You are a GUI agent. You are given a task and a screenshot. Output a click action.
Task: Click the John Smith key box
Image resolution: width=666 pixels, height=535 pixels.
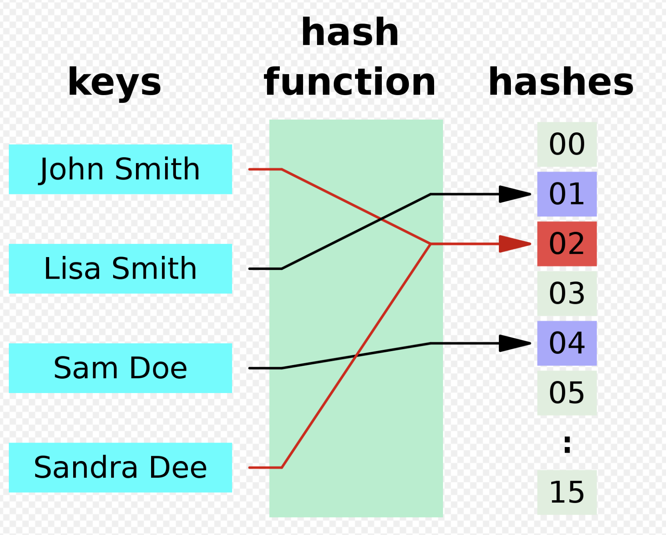tap(120, 169)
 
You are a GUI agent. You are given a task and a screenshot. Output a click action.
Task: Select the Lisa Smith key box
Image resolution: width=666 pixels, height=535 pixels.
tap(120, 269)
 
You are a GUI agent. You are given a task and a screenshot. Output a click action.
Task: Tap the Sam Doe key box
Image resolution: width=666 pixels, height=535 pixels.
tap(120, 368)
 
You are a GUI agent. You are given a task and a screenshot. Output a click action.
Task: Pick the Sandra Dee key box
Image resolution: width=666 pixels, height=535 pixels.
tap(120, 467)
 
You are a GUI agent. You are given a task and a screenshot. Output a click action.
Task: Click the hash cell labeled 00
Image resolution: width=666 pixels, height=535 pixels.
tap(567, 144)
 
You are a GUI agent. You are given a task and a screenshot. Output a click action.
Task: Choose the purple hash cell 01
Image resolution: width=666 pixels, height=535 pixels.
tap(567, 194)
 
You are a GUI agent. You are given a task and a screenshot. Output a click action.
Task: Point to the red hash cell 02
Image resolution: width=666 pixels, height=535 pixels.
tap(567, 244)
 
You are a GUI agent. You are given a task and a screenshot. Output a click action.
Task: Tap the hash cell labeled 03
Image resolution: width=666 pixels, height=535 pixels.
tap(567, 293)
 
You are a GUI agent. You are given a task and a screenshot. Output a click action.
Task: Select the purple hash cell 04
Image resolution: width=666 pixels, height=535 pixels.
tap(567, 343)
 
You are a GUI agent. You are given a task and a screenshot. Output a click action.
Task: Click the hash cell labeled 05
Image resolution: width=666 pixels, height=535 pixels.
tap(567, 393)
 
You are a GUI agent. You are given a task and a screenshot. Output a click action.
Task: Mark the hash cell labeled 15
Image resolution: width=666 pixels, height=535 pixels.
tap(567, 492)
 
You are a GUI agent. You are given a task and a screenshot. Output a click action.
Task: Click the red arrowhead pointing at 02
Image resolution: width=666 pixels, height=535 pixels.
tap(515, 244)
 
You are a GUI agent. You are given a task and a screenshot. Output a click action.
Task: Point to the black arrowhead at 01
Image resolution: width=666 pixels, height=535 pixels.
tap(515, 194)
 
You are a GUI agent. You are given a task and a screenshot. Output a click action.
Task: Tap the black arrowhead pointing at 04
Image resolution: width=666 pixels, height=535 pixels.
tap(515, 343)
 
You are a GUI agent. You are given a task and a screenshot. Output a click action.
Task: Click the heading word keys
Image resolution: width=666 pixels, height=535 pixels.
tap(114, 83)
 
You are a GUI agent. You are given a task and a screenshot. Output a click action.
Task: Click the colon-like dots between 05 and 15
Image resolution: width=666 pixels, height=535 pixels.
tap(567, 444)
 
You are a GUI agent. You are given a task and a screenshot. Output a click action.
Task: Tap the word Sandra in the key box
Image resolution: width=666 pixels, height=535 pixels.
tap(86, 467)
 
